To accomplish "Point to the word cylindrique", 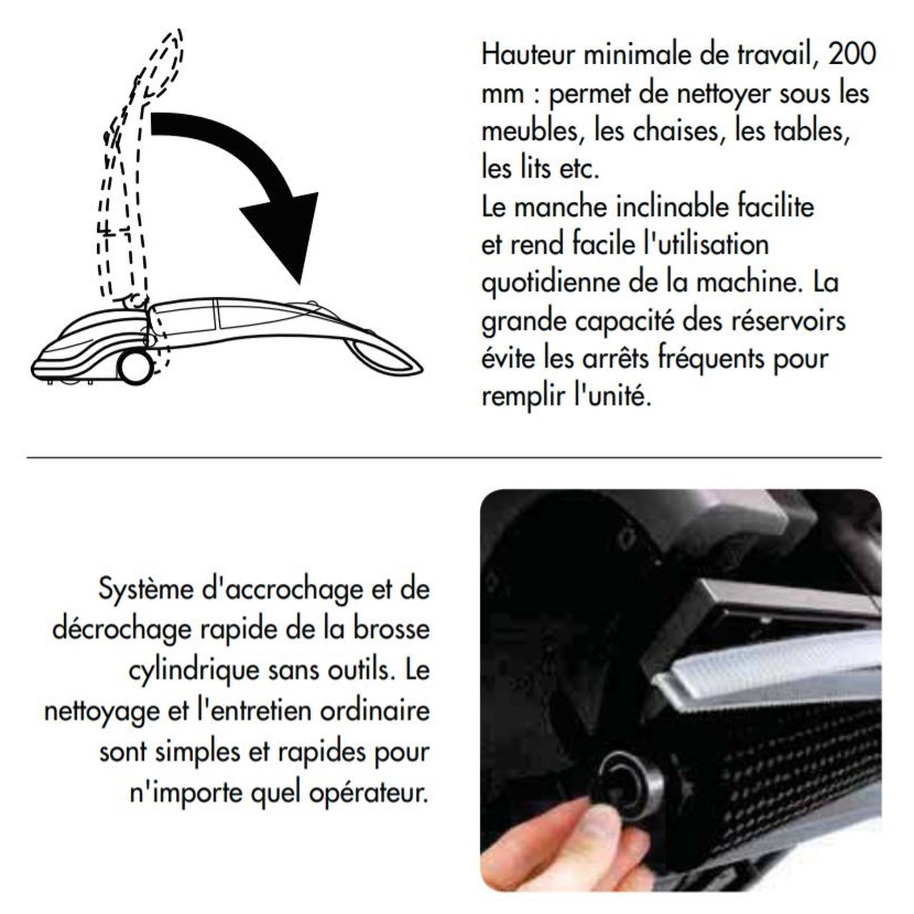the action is tap(195, 670).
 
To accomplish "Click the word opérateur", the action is tap(369, 793).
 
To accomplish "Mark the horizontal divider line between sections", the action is tap(454, 458).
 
